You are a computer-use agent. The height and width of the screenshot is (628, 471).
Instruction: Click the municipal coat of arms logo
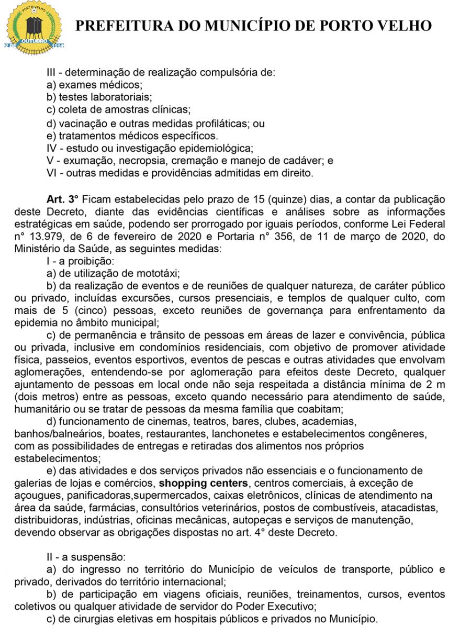pos(35,27)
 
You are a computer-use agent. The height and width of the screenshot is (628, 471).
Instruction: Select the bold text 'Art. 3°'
pos(62,199)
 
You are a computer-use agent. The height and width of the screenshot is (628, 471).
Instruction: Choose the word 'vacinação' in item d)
pos(81,124)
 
